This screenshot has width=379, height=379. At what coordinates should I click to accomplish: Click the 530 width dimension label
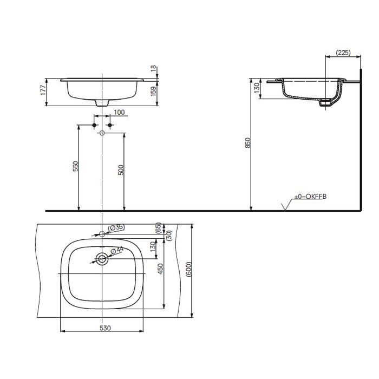click(105, 328)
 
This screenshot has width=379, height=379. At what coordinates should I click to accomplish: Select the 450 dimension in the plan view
click(160, 269)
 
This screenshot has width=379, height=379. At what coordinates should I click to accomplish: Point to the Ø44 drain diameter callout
click(117, 250)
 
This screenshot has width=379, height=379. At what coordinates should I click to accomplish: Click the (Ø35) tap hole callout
click(116, 228)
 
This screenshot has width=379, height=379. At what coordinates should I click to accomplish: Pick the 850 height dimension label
click(248, 143)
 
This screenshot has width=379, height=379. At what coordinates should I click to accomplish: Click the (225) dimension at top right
click(343, 53)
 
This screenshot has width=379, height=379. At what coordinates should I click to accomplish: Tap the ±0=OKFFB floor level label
click(310, 197)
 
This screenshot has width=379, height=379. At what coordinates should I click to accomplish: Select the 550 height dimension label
click(76, 166)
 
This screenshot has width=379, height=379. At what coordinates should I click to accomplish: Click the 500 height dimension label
click(121, 169)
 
